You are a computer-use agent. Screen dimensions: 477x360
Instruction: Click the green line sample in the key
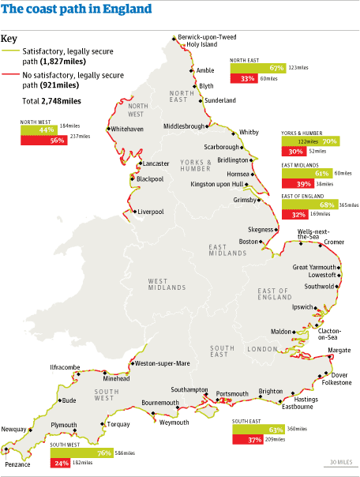click(x=9, y=51)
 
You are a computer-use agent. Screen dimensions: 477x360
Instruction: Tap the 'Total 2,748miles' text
click(x=53, y=101)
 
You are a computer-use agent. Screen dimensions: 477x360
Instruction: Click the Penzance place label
click(x=17, y=464)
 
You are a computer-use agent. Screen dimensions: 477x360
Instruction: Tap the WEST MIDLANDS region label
click(x=167, y=283)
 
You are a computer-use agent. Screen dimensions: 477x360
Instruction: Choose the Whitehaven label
click(x=127, y=128)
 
